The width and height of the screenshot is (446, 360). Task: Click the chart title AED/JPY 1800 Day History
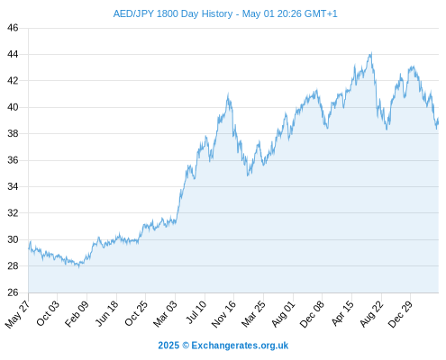pos(173,13)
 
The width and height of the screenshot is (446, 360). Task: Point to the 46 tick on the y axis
pos(13,28)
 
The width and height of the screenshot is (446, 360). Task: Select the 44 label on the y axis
pos(13,54)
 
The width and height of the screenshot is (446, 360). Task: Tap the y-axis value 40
pos(13,107)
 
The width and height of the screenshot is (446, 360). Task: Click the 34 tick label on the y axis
pos(13,186)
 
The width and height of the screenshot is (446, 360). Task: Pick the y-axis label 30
pos(13,239)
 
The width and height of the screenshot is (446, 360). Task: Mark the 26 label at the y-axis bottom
pos(13,292)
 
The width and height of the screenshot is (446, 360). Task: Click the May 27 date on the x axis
pos(17,314)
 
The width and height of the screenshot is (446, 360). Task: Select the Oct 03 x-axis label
pos(48,313)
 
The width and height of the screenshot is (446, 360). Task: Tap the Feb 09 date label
pos(77,313)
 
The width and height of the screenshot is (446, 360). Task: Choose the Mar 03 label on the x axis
pos(165,313)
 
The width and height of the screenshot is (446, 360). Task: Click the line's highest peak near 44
pos(371,53)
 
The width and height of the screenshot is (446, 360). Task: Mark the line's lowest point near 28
pos(78,266)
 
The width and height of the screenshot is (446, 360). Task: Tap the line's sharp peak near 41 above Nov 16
pos(228,94)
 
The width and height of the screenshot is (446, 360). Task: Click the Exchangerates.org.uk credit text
pos(240,346)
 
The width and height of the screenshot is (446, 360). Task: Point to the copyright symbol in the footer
pos(186,346)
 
